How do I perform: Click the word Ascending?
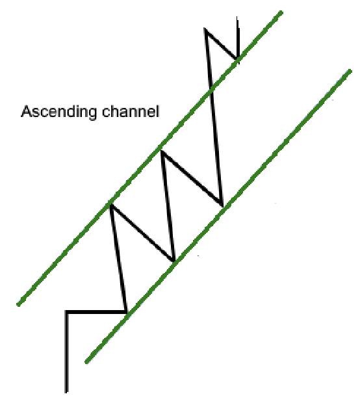point(59,112)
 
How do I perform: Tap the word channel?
point(131,111)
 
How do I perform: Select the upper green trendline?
point(150,159)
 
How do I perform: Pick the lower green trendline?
point(218,216)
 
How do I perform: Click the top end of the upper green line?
point(281,12)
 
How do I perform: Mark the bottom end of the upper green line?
point(18,305)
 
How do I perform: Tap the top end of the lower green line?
point(350,70)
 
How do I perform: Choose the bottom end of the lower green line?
point(86,362)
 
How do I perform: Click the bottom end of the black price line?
point(66,393)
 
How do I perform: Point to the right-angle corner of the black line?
point(67,312)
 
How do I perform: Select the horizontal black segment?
point(96,312)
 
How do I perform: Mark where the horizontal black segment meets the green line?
point(127,312)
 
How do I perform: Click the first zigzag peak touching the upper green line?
point(110,205)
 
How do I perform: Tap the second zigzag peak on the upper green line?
point(162,151)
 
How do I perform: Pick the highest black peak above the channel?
point(205,29)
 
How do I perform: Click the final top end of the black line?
point(237,16)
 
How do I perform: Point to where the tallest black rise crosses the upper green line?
point(211,88)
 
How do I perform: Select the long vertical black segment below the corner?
point(67,352)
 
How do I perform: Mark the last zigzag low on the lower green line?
point(222,206)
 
